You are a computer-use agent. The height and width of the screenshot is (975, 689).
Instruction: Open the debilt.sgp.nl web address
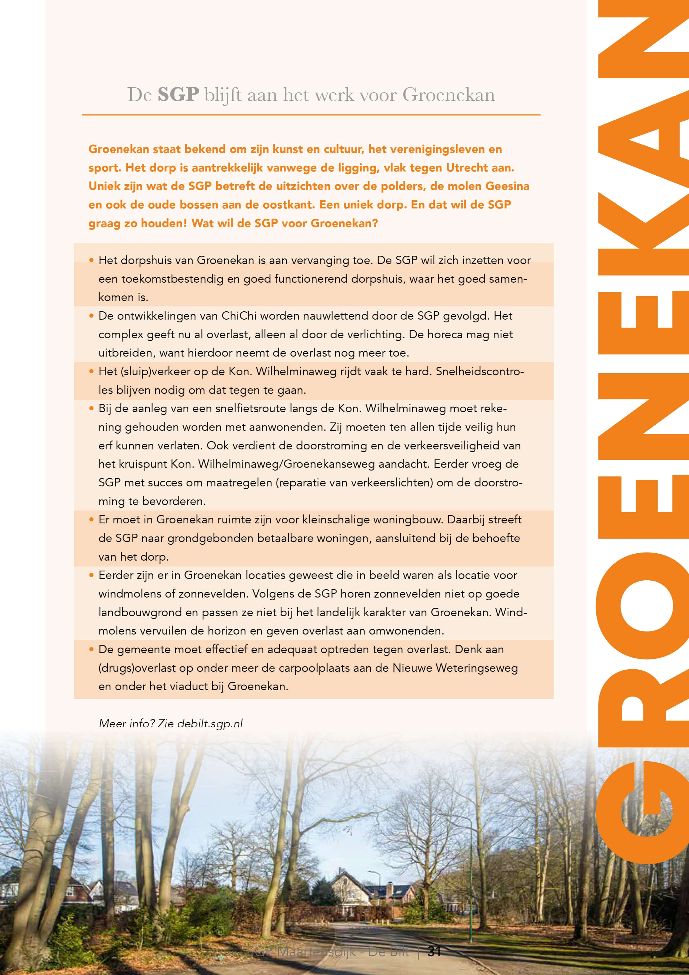point(210,723)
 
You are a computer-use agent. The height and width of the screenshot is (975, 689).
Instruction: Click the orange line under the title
point(311,115)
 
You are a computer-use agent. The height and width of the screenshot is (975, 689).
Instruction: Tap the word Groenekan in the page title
point(448,94)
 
